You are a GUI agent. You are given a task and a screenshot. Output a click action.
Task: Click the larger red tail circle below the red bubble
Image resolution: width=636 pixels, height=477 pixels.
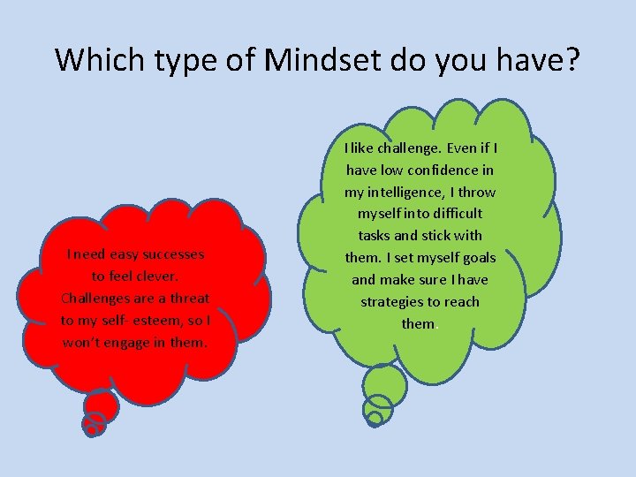[x=102, y=407]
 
